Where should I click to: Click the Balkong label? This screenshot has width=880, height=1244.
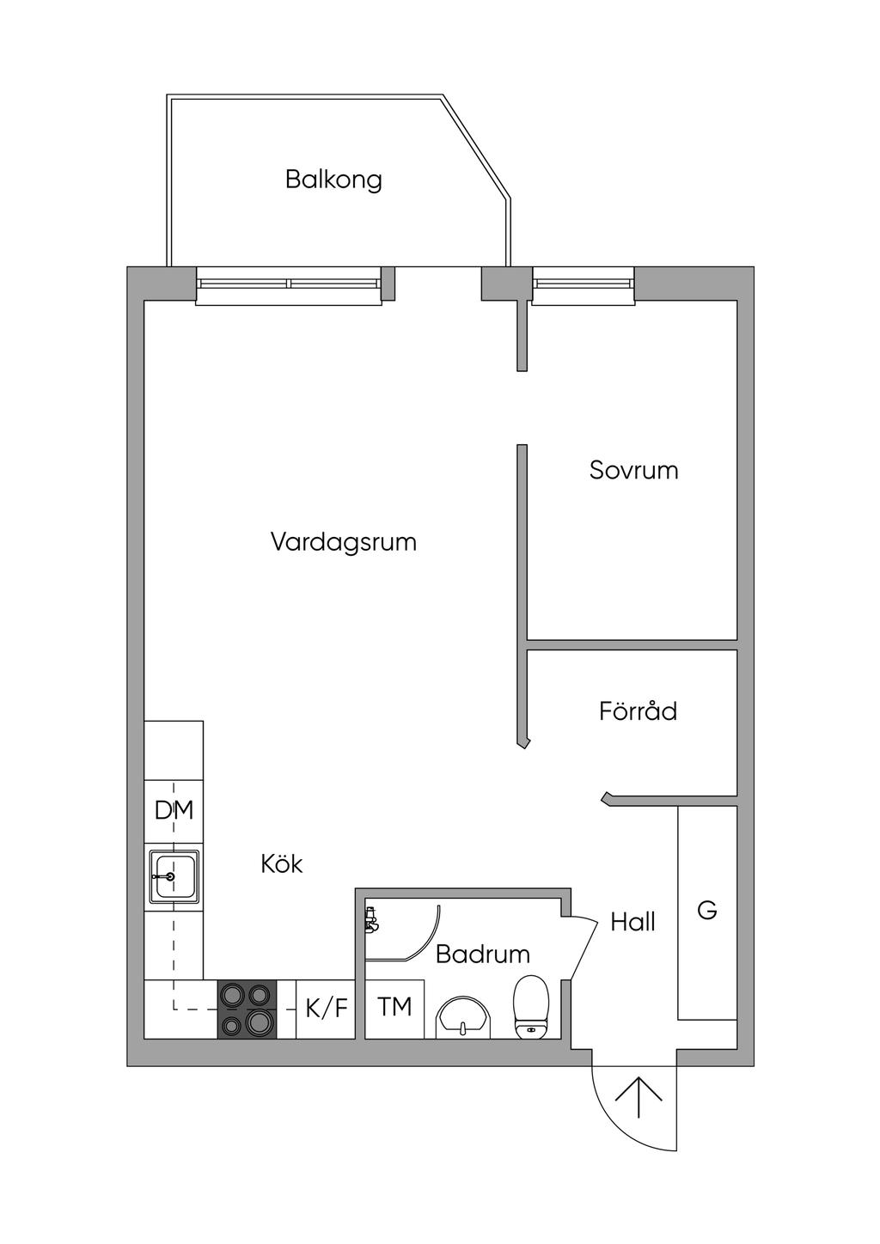click(x=333, y=180)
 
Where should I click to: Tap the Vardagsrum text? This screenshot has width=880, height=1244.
click(x=344, y=541)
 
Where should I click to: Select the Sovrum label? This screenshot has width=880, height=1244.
click(x=634, y=471)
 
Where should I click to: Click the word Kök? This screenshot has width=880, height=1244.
click(x=282, y=863)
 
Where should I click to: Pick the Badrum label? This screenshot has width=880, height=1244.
click(x=483, y=954)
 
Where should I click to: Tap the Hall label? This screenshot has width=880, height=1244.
click(x=632, y=923)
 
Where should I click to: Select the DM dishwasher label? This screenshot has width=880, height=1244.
click(x=174, y=811)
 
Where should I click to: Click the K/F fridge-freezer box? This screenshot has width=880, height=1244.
click(x=326, y=1009)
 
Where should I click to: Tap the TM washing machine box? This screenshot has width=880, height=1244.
click(x=395, y=1009)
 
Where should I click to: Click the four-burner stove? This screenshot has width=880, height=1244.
click(x=247, y=1009)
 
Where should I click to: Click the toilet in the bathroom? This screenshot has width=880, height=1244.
click(x=531, y=1008)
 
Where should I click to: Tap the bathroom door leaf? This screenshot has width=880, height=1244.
click(x=584, y=951)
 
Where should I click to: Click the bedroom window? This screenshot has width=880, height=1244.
click(x=584, y=285)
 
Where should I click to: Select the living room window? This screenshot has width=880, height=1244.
click(x=289, y=285)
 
